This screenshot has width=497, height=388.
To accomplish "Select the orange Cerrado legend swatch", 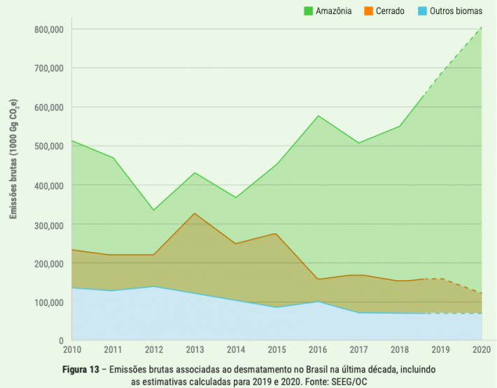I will click(x=369, y=11).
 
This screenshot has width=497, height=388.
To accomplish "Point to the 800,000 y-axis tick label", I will click(x=48, y=29).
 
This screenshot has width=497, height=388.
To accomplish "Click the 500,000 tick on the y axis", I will click(x=48, y=146).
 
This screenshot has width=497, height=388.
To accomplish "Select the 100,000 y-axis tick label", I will click(x=48, y=303).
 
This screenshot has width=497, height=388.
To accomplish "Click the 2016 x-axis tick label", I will click(x=318, y=349).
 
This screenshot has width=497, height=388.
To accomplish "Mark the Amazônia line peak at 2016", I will click(x=318, y=116).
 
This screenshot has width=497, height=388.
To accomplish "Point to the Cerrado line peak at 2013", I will click(x=195, y=213).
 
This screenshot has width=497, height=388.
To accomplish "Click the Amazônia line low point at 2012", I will click(x=154, y=210).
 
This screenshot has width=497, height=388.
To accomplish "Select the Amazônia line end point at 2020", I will click(x=482, y=28).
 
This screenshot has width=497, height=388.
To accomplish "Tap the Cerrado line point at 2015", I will click(x=277, y=233).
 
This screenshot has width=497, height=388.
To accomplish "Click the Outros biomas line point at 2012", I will click(x=154, y=286).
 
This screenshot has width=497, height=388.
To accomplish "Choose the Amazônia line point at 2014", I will click(x=236, y=198).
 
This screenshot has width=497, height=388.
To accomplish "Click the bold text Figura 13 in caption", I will click(x=83, y=368).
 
